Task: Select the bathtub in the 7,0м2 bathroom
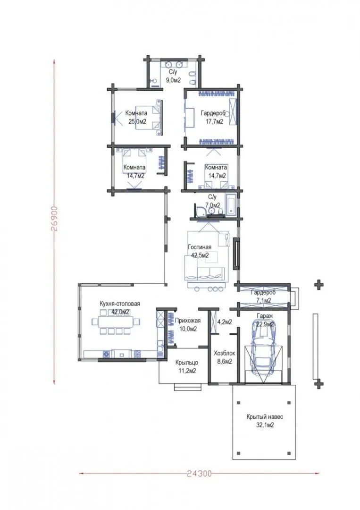pos(231,205)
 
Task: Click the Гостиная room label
pos(200,247)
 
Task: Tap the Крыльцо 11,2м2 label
pos(186,366)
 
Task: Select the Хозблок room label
pos(224,353)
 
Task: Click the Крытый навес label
pos(265,416)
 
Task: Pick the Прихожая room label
pos(188,320)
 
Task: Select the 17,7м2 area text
pos(214,122)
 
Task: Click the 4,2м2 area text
pos(225,322)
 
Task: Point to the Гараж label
pos(265,316)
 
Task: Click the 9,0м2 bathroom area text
pos(173,80)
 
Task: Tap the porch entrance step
pos(188,387)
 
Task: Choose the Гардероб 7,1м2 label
pos(263,296)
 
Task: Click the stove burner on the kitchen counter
pos(106,354)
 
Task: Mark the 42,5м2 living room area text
pos(200,255)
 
